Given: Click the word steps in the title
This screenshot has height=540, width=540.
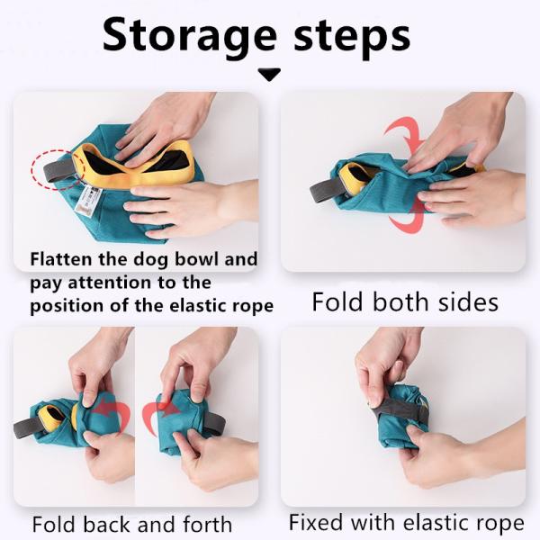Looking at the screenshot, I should [x=352, y=35].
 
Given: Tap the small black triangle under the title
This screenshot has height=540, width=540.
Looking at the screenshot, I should [x=269, y=75].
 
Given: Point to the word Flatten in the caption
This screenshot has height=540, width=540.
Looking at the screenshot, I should [x=64, y=260].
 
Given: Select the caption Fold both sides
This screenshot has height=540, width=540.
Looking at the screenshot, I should [x=404, y=301].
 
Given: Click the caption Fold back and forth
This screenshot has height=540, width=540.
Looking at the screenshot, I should [x=132, y=524].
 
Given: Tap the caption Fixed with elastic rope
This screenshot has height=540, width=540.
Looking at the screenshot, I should [x=406, y=522].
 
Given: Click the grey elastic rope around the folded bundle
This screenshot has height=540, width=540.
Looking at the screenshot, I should [x=396, y=410].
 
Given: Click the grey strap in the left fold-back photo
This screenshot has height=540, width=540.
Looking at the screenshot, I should [x=26, y=427].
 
